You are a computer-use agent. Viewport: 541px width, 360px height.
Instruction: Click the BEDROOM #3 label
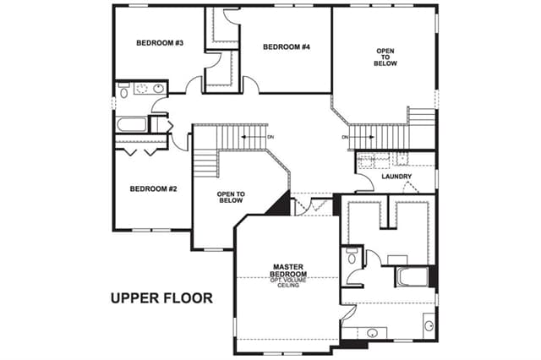pos(160,43)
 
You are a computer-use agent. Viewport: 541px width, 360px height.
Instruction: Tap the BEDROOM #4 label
pos(287,46)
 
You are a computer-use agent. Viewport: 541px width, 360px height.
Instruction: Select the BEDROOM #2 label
pos(154,189)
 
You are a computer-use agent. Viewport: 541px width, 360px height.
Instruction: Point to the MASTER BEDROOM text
pos(288,270)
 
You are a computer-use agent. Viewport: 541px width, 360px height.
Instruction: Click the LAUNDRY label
pos(396,177)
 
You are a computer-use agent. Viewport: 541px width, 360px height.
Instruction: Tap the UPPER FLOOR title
pos(161,298)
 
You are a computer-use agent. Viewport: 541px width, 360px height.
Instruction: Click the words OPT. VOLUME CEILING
pos(288,283)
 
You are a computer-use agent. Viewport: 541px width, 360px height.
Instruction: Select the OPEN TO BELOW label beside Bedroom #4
pos(385,57)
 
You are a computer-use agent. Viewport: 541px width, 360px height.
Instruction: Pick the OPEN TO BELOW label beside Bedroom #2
pos(231,197)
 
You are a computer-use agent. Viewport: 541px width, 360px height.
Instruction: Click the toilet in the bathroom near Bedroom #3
pos(123,91)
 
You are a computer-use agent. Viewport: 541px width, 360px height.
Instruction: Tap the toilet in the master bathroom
pos(352,256)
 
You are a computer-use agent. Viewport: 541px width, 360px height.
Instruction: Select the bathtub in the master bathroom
pos(412,276)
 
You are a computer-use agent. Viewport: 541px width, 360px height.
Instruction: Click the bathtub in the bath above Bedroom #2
pos(132,124)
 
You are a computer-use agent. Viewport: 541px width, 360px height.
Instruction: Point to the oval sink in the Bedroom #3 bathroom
pos(158,89)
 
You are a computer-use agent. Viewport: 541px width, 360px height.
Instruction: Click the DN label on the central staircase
pos(270,137)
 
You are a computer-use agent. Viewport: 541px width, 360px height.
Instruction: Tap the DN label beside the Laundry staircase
pos(345,137)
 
